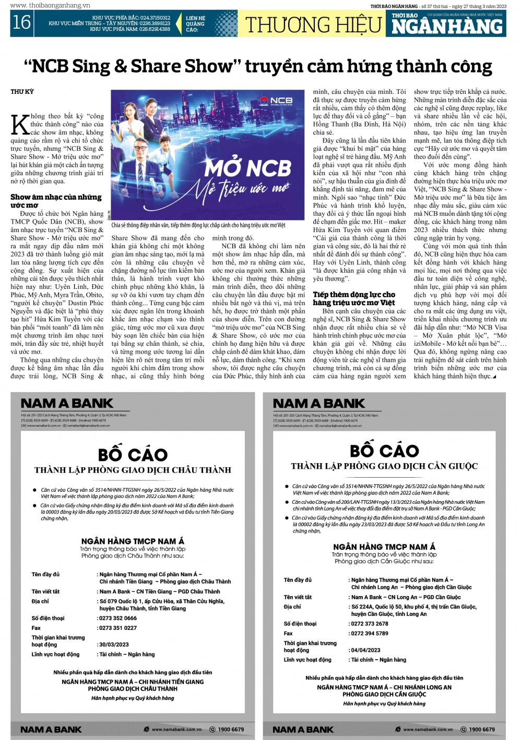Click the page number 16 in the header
(21, 22)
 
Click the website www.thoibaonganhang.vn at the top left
(50, 5)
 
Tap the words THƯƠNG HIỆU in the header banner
(313, 25)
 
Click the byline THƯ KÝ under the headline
(22, 92)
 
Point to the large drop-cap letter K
(20, 125)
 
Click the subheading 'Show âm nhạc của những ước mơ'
(56, 201)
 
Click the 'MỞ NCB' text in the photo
(247, 168)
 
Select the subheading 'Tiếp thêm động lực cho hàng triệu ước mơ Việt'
(354, 298)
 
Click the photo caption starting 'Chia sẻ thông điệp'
(198, 225)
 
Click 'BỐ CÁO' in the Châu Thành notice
(133, 455)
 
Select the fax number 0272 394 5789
(370, 633)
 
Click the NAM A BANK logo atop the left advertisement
(67, 403)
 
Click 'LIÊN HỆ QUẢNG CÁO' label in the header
(196, 24)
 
